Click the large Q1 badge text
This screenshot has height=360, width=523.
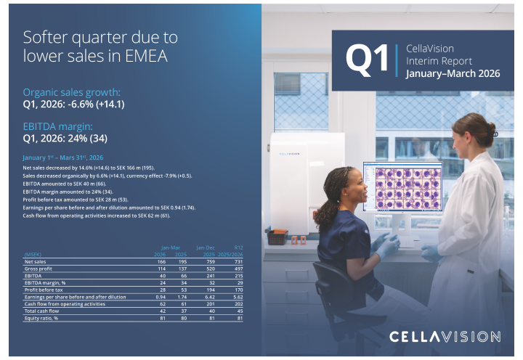pos(368,60)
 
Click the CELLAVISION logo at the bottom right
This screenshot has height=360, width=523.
pos(445,337)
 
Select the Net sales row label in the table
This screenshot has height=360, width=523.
pos(36,261)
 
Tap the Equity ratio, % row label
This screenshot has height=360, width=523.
pos(41,318)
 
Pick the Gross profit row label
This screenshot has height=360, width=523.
pos(40,269)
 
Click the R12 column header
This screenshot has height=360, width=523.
pos(238,247)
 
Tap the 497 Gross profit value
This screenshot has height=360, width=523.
pos(238,269)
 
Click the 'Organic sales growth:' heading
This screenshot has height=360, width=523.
pos(72,92)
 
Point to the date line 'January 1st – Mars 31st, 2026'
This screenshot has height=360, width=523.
pos(63,157)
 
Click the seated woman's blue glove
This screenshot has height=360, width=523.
pos(386,245)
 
